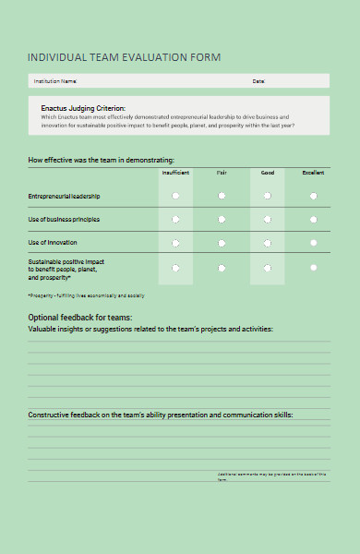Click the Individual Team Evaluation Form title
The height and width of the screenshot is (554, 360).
[x=125, y=57]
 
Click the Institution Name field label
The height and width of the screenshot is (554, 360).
[x=54, y=81]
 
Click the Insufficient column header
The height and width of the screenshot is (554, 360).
[x=175, y=173]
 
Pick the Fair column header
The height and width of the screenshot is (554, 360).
[x=222, y=173]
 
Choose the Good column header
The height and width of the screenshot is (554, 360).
[x=268, y=173]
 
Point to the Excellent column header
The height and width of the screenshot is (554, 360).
[x=313, y=173]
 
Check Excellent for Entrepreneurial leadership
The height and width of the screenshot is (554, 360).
[x=314, y=196]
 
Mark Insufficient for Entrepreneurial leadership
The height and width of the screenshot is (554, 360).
[x=175, y=196]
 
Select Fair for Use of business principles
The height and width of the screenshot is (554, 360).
[x=222, y=219]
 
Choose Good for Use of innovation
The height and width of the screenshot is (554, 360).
[x=268, y=243]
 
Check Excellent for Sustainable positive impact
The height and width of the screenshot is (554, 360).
[x=314, y=267]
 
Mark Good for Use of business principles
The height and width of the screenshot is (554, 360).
[x=268, y=219]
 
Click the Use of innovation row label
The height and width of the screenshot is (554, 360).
[x=52, y=242]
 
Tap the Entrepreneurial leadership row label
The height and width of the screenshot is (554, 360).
[x=64, y=196]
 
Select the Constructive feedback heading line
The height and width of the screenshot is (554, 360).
[x=160, y=415]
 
